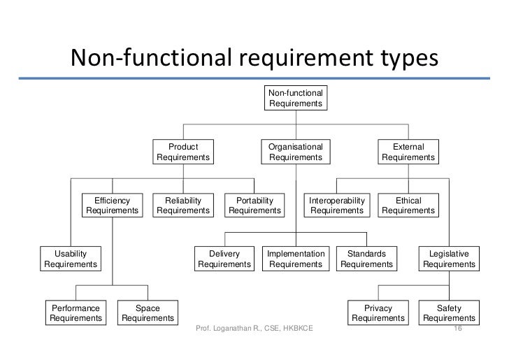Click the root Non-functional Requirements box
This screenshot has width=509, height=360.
pos(296,98)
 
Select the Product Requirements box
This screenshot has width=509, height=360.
pos(182,152)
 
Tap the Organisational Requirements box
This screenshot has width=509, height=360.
pos(296,152)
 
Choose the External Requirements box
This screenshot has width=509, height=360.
pos(408,152)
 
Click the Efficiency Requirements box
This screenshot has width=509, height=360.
pos(113,206)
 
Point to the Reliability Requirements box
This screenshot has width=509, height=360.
pos(182,206)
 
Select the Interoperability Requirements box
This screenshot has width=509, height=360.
pos(337,206)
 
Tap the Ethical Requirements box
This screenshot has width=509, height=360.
pos(408,206)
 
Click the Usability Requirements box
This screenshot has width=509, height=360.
pos(71,259)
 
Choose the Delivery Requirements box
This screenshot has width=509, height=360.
pos(224,259)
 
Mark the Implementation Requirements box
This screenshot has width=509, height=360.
pos(296,259)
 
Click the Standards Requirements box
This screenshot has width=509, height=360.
pos(366,259)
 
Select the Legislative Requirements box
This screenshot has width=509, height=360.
pos(449,259)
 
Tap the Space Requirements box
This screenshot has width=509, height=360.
pos(148,312)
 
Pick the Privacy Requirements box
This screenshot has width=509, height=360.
pos(378,312)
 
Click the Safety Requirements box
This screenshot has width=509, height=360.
pos(449,312)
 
